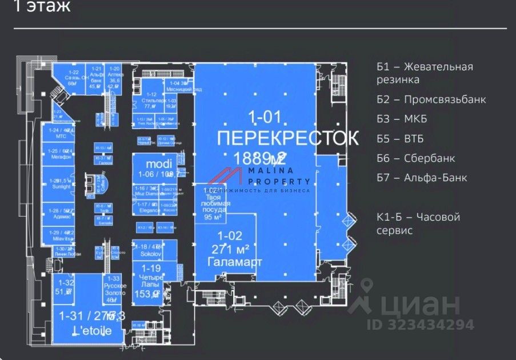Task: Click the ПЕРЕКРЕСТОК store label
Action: click(x=288, y=138)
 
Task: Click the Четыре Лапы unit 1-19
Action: click(x=151, y=280)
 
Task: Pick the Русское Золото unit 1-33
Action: click(x=114, y=289)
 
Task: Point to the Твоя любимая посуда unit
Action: click(x=213, y=203)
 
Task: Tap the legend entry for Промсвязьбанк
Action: click(x=431, y=99)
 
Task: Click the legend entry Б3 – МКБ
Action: click(x=402, y=119)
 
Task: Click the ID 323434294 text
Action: click(x=420, y=325)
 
